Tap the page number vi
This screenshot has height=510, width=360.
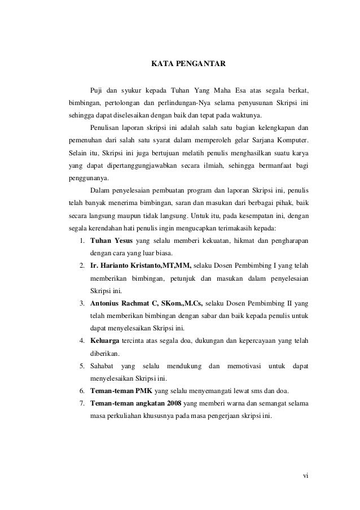tap(305, 474)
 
